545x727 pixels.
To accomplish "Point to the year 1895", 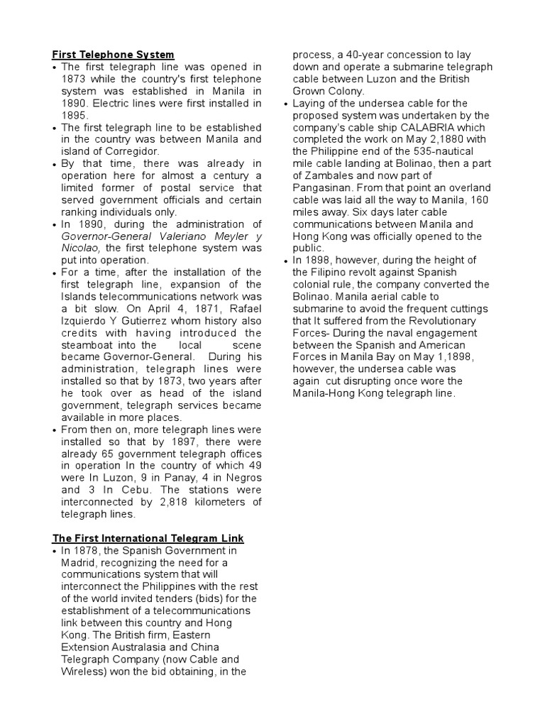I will click(75, 115).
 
